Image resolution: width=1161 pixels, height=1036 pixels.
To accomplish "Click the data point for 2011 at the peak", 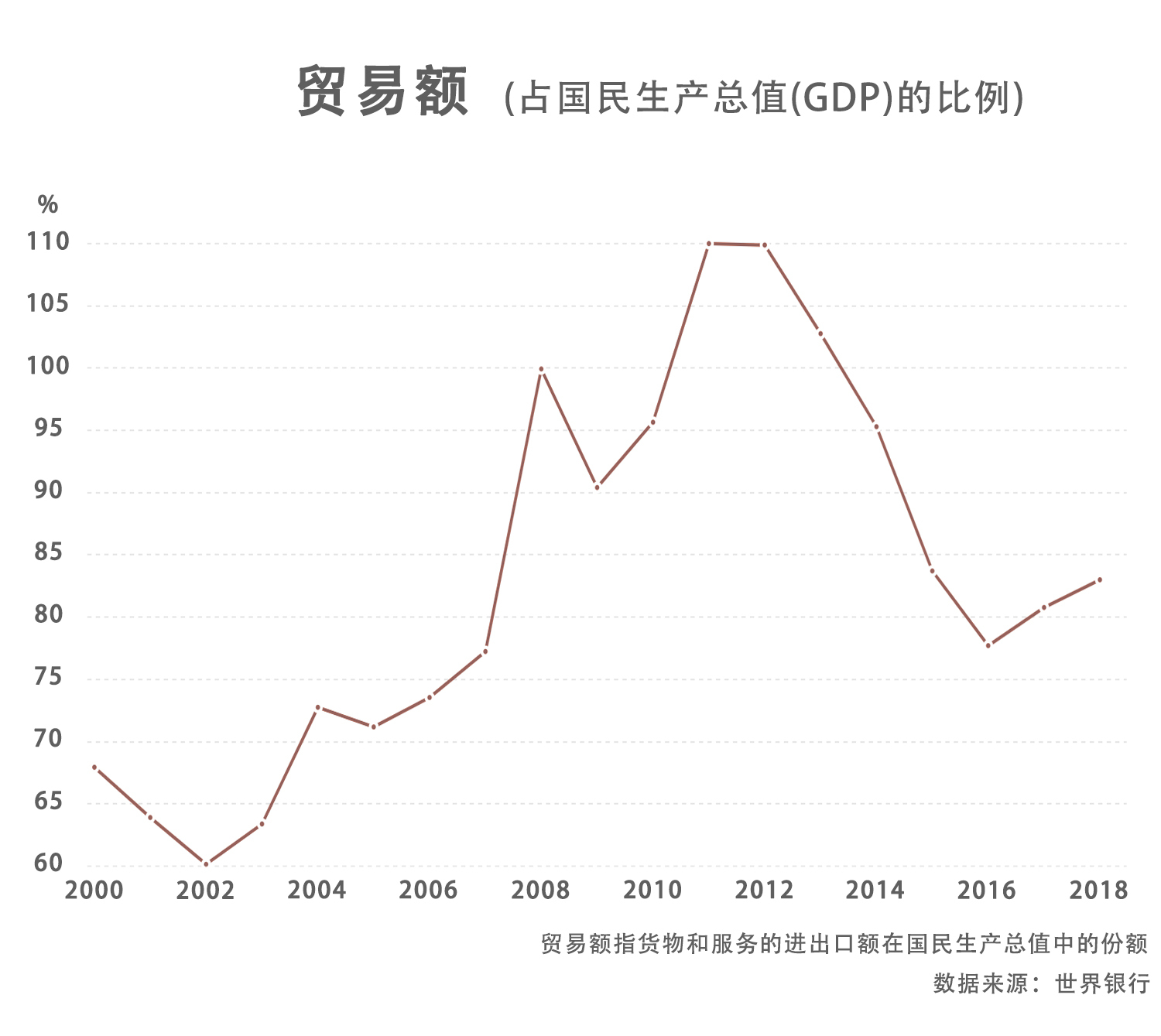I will click(x=709, y=244).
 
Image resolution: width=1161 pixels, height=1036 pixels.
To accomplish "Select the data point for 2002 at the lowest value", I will click(x=206, y=863).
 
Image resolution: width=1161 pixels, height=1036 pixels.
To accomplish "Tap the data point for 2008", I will click(x=541, y=369).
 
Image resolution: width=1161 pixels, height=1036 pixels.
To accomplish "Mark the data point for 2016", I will click(x=988, y=645).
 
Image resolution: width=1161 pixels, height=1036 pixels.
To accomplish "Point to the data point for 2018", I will click(x=1100, y=580).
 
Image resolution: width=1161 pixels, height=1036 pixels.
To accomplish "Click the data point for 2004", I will click(x=317, y=707).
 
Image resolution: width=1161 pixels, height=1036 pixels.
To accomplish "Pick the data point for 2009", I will click(x=597, y=487).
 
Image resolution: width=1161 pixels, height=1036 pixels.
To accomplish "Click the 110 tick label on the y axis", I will click(x=48, y=242).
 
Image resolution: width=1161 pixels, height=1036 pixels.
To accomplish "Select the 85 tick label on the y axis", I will click(x=48, y=552).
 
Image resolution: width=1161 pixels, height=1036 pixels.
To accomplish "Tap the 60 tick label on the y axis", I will click(x=48, y=863).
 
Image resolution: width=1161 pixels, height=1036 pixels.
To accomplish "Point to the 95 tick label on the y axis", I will click(x=48, y=428).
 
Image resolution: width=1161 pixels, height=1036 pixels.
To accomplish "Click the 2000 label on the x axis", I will click(x=94, y=891).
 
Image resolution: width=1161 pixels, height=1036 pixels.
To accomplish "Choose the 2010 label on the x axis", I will click(x=652, y=891).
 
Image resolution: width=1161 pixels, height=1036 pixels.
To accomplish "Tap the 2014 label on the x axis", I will click(x=875, y=891).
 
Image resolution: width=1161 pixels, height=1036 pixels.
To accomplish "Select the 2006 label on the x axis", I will click(x=428, y=891).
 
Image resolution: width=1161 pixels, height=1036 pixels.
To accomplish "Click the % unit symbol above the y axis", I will click(x=48, y=205).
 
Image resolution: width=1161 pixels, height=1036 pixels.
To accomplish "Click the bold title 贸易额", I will click(x=383, y=92).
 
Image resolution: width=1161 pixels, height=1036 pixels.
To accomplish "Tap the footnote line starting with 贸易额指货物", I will click(x=844, y=944).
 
